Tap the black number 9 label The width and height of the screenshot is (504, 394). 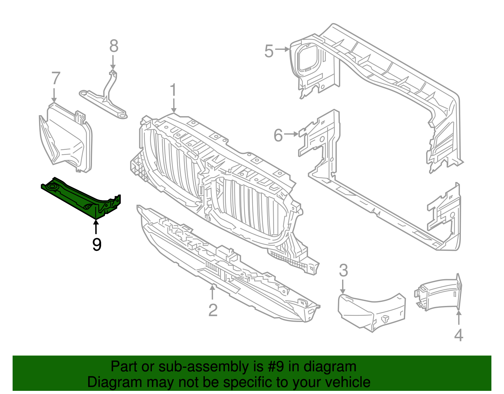point(97,244)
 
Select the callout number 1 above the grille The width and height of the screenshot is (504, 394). point(174,90)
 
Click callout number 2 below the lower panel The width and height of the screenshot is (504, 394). point(213,310)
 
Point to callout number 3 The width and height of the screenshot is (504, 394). point(343,271)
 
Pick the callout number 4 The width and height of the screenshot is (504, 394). point(459,335)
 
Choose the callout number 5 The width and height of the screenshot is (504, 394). point(269,51)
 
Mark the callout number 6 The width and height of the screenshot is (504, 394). point(278,135)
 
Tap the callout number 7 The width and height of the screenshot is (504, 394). point(55,79)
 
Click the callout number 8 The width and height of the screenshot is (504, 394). point(114,46)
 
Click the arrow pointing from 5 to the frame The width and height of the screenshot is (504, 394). point(282,49)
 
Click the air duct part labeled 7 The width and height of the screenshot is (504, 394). point(66,139)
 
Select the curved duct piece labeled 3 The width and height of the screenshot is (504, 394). point(372,311)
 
